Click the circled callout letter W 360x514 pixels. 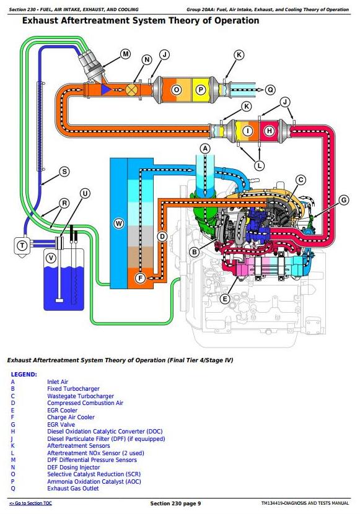pyautogui.click(x=118, y=224)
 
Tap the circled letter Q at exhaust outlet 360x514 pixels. pyautogui.click(x=270, y=90)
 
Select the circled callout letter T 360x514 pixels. pyautogui.click(x=22, y=245)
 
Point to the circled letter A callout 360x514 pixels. pyautogui.click(x=205, y=149)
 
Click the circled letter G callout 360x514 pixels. pyautogui.click(x=344, y=199)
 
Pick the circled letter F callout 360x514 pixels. pyautogui.click(x=140, y=278)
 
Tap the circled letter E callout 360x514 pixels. pyautogui.click(x=224, y=298)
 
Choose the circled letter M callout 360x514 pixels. pyautogui.click(x=126, y=54)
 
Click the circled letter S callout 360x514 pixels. pyautogui.click(x=64, y=172)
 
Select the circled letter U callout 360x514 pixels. pyautogui.click(x=86, y=193)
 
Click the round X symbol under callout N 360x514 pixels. pyautogui.click(x=132, y=89)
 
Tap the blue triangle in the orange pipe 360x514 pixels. pyautogui.click(x=105, y=89)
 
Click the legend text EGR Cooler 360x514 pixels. pyautogui.click(x=63, y=410)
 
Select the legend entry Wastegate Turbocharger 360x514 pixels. pyautogui.click(x=81, y=396)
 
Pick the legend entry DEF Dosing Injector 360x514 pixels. pyautogui.click(x=74, y=467)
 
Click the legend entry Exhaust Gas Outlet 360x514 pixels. pyautogui.click(x=72, y=489)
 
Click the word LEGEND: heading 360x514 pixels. pyautogui.click(x=24, y=375)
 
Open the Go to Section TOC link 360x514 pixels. pyautogui.click(x=30, y=503)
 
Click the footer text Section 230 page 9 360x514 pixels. pyautogui.click(x=175, y=503)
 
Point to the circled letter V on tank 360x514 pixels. pyautogui.click(x=51, y=258)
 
